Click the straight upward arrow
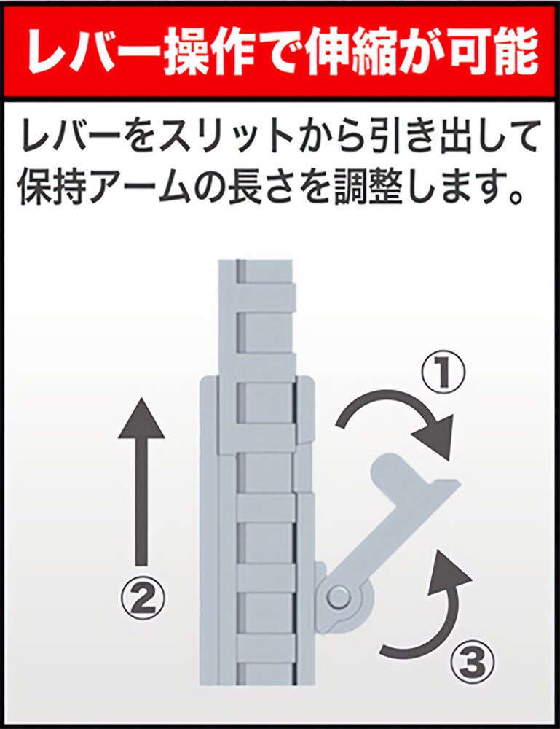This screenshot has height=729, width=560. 141,482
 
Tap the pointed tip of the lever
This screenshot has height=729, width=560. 459,482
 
